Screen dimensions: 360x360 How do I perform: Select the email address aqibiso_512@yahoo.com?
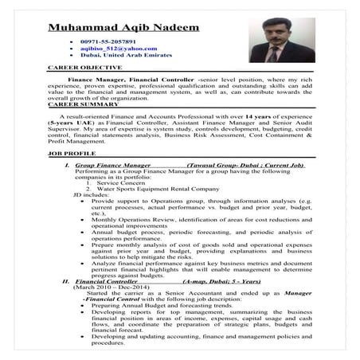[x=119, y=48]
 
